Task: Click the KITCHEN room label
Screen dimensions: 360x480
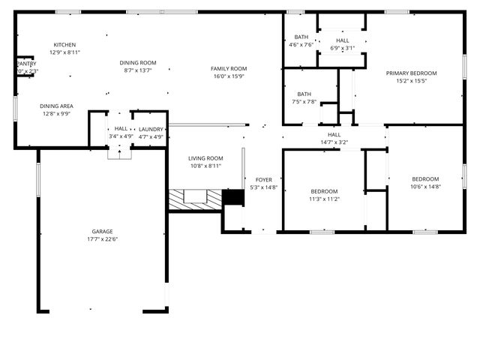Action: [64, 45]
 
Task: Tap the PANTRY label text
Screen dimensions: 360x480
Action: [27, 64]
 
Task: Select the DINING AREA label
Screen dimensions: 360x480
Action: [56, 106]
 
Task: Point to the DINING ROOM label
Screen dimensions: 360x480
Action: [138, 63]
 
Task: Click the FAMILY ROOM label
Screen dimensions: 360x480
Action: [229, 69]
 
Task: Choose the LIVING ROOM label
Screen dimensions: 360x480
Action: [205, 158]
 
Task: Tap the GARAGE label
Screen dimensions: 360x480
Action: [103, 232]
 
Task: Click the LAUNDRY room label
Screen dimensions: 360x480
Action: [151, 129]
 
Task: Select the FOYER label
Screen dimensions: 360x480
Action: [264, 180]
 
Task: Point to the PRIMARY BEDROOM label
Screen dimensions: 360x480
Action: [411, 73]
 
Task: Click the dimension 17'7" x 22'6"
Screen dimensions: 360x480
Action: [103, 239]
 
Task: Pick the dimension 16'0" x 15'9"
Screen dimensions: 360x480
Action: [229, 76]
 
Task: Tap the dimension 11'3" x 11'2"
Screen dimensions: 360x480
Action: [324, 199]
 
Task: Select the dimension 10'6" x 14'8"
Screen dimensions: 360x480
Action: [425, 187]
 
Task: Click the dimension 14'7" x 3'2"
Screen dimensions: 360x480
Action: [334, 142]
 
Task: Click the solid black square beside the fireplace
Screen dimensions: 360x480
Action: [234, 197]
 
